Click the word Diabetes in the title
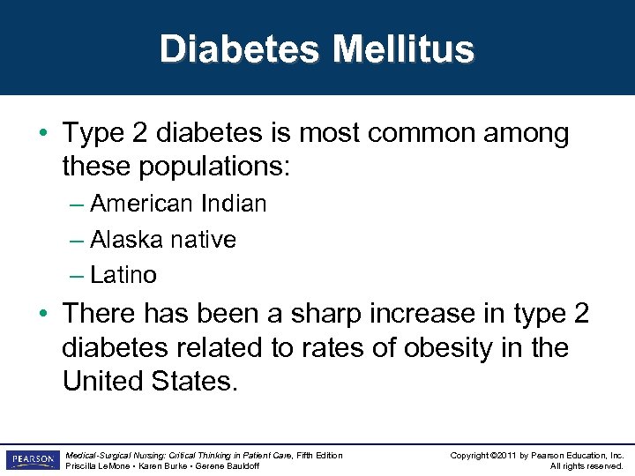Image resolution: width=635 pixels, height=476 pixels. (x=239, y=49)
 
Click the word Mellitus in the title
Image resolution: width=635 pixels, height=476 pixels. (x=403, y=49)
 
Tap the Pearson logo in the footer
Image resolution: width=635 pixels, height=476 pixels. (x=31, y=460)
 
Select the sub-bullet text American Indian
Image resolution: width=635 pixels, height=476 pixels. (x=178, y=204)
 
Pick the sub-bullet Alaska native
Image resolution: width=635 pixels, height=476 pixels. (x=163, y=239)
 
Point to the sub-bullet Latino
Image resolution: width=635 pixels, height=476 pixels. (x=123, y=275)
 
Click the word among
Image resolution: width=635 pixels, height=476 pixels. (x=528, y=133)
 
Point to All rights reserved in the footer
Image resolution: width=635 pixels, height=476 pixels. (x=586, y=466)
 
